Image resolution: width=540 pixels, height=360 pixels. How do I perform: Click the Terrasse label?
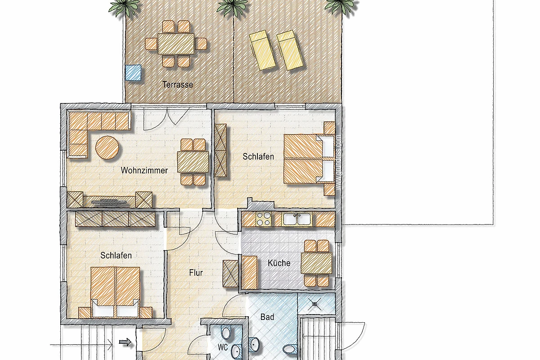[x=178, y=85]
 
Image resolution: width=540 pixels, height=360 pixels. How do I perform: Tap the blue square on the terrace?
[x=133, y=72]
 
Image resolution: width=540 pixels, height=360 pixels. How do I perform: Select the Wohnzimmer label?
[x=144, y=171]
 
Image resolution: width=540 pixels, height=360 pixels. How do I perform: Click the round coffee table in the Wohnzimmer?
[x=107, y=147]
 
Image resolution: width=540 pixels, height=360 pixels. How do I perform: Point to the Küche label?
[x=279, y=263]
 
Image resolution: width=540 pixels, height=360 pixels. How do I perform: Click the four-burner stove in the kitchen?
[x=263, y=219]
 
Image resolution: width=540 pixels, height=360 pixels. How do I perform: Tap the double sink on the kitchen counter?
[x=297, y=219]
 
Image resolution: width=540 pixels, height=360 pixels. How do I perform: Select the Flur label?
[x=196, y=273]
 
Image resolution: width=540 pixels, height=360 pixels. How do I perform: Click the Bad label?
[x=267, y=317]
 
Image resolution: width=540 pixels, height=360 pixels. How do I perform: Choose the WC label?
[x=222, y=347]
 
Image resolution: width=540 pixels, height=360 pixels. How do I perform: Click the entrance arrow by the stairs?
[x=126, y=342]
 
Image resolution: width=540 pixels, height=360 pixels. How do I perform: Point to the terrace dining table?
[x=176, y=44]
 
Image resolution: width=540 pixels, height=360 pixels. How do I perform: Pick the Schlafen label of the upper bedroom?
[x=258, y=157]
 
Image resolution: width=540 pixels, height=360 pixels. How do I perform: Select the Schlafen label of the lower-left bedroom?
[x=116, y=256]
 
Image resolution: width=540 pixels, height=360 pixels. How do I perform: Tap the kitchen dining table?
[x=316, y=263]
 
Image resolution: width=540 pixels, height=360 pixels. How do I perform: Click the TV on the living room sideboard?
[x=109, y=202]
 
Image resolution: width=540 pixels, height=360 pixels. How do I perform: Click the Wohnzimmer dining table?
[x=193, y=162]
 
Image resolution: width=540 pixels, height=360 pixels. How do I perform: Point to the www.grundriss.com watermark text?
[x=338, y=162]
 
